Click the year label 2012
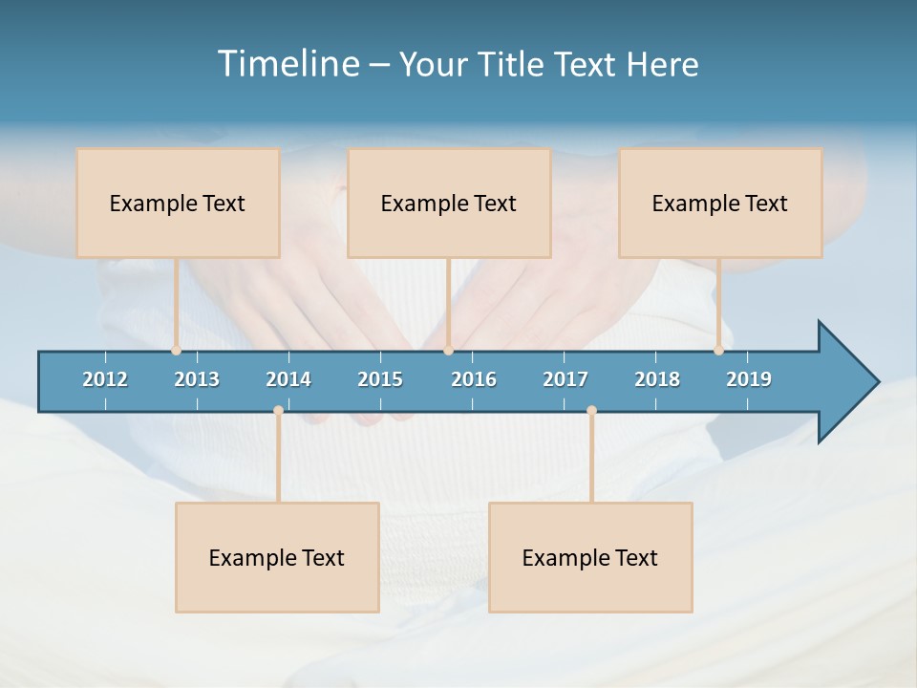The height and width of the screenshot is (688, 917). click(x=105, y=379)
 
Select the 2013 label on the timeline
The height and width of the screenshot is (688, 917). click(x=197, y=379)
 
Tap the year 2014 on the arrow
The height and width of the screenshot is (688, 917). click(x=288, y=379)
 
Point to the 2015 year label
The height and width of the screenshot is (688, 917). click(x=380, y=379)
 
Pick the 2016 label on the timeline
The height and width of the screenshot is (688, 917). click(x=474, y=379)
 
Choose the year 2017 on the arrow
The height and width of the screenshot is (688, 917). click(x=565, y=379)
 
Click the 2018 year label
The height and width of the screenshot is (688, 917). click(x=657, y=379)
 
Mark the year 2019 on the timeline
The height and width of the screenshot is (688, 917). click(x=749, y=379)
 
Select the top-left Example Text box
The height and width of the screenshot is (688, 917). click(x=178, y=204)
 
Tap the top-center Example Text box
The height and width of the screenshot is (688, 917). click(x=449, y=204)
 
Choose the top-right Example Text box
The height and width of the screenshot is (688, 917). click(x=720, y=204)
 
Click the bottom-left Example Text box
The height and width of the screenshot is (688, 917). click(x=277, y=558)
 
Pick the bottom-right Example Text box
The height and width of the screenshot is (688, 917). click(x=590, y=558)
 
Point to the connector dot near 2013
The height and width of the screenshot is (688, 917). click(x=176, y=351)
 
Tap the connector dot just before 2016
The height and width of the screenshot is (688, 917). click(x=448, y=351)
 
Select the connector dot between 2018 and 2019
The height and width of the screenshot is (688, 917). click(x=718, y=351)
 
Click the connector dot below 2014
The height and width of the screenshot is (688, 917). click(x=278, y=411)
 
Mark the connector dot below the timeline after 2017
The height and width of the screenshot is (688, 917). click(x=591, y=411)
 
